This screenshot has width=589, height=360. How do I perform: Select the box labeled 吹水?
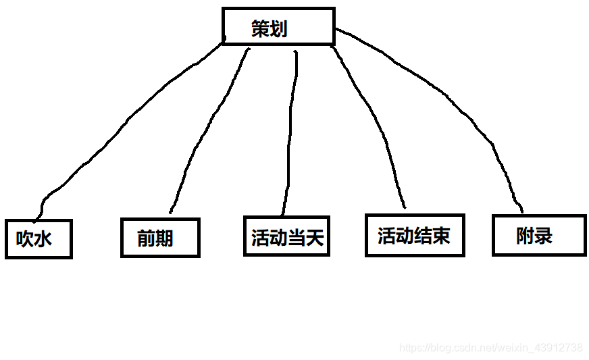tap(39, 238)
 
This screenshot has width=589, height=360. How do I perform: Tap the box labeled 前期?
tap(160, 238)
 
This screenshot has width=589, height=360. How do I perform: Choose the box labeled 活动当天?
tap(286, 236)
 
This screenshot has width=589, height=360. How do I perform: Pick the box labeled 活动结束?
tap(414, 235)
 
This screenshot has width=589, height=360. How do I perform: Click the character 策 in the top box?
tap(260, 28)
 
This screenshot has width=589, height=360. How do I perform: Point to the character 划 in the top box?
tap(278, 28)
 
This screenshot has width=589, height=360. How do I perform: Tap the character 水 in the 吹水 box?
tap(43, 239)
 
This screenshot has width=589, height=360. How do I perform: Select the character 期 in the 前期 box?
tap(164, 238)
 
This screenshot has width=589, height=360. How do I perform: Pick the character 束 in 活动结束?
tap(441, 236)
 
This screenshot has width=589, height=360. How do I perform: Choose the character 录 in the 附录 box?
tap(544, 236)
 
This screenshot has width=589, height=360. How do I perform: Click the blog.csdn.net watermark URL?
tap(491, 348)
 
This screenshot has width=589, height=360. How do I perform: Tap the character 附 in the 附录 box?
tap(525, 236)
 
